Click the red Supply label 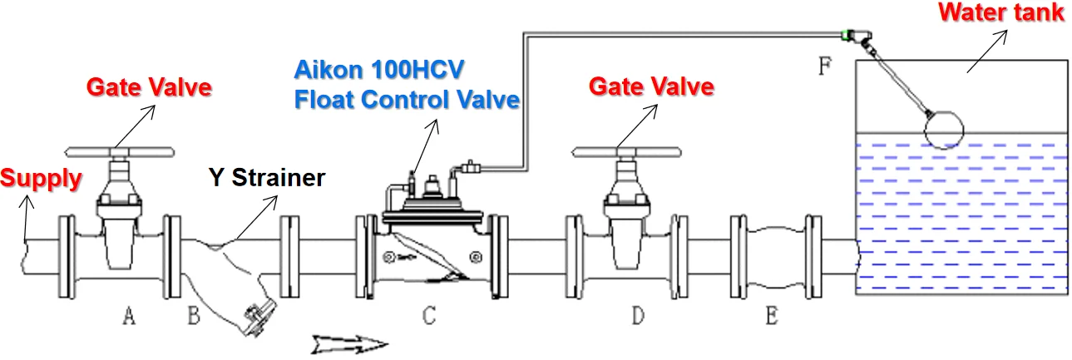pos(42,178)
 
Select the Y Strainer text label pos(265,177)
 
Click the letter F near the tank pos(824,67)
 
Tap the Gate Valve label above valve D pos(651,86)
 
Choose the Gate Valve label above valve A pos(150,86)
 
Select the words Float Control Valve pos(407,100)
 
